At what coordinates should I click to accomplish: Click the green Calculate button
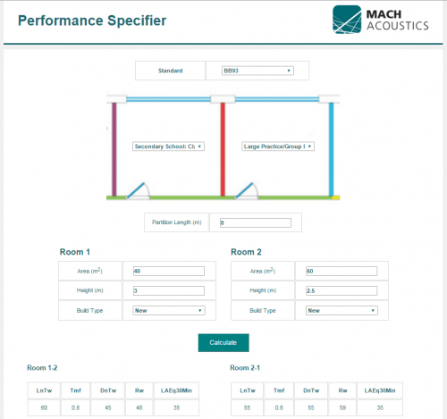click(x=223, y=342)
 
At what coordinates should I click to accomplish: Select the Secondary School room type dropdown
click(x=169, y=146)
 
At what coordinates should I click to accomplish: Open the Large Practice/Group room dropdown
click(x=278, y=146)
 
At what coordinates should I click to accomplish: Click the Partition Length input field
click(x=255, y=222)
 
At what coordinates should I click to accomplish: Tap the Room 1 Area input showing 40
click(x=168, y=271)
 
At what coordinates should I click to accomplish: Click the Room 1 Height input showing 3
click(x=168, y=290)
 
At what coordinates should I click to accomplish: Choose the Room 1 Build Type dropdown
click(x=168, y=311)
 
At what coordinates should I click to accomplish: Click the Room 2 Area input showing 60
click(x=341, y=271)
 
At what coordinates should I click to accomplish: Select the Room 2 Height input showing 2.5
click(x=341, y=290)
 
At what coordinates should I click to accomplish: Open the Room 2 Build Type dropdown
click(x=341, y=311)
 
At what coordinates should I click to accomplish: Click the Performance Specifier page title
click(x=92, y=21)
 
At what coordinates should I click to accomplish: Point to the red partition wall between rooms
click(x=222, y=147)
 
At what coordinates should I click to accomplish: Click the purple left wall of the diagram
click(x=114, y=147)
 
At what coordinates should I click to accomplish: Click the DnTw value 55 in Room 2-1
click(x=311, y=407)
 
